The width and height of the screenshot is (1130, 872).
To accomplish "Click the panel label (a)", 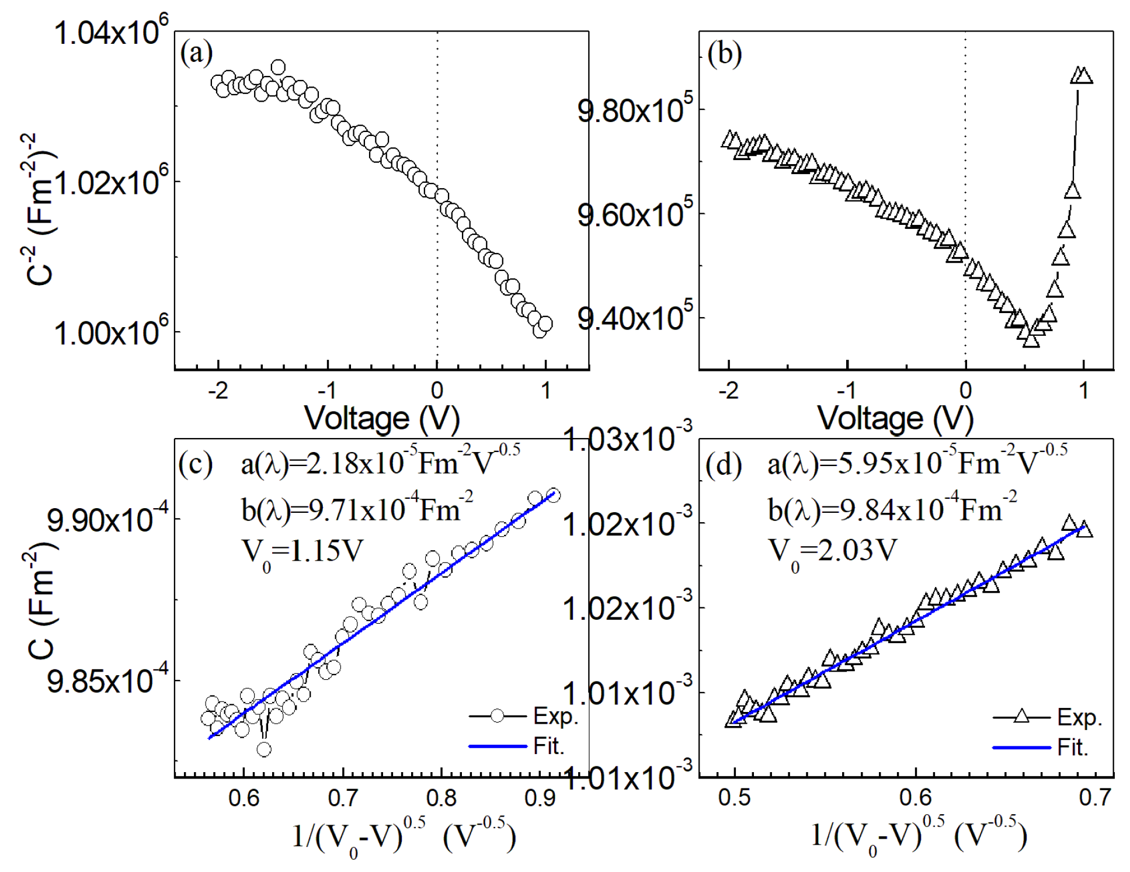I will tap(196, 53).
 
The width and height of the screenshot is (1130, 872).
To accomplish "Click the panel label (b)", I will tap(724, 54).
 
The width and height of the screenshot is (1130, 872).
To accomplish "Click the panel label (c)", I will tap(196, 464).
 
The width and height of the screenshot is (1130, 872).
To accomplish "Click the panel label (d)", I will tap(724, 465).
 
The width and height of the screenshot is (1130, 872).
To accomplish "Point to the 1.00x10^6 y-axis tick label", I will tap(111, 332).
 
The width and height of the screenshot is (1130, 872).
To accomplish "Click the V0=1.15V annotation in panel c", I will tap(302, 552).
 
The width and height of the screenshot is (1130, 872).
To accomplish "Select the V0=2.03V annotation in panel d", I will tap(832, 552).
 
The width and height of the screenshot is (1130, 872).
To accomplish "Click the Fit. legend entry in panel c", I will tap(548, 746).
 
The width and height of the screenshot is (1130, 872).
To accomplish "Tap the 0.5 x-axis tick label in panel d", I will tap(734, 798).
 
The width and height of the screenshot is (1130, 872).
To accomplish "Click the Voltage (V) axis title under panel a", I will tap(382, 418).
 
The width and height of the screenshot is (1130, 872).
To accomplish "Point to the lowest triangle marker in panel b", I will tap(1031, 341).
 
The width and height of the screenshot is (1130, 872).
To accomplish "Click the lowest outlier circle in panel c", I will tap(264, 749).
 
